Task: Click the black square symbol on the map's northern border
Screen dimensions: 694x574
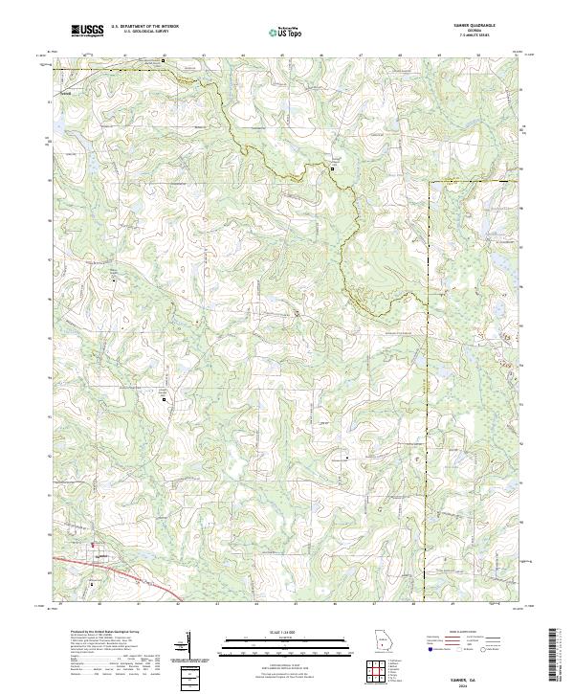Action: coord(164,60)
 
